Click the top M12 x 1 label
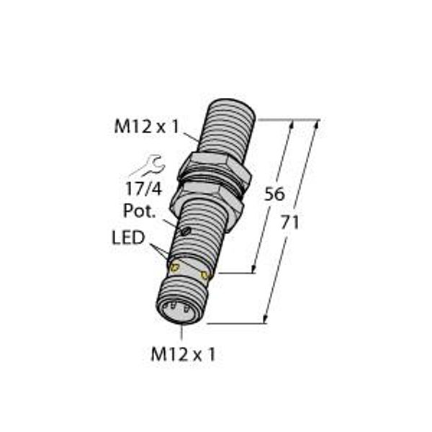click(x=147, y=127)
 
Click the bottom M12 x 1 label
click(x=183, y=354)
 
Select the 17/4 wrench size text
click(x=143, y=189)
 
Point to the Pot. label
click(x=139, y=211)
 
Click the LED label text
click(x=128, y=238)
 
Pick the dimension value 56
click(x=274, y=194)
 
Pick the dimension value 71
click(x=290, y=222)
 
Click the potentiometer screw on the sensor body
click(x=186, y=231)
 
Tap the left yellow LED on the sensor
click(x=175, y=266)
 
